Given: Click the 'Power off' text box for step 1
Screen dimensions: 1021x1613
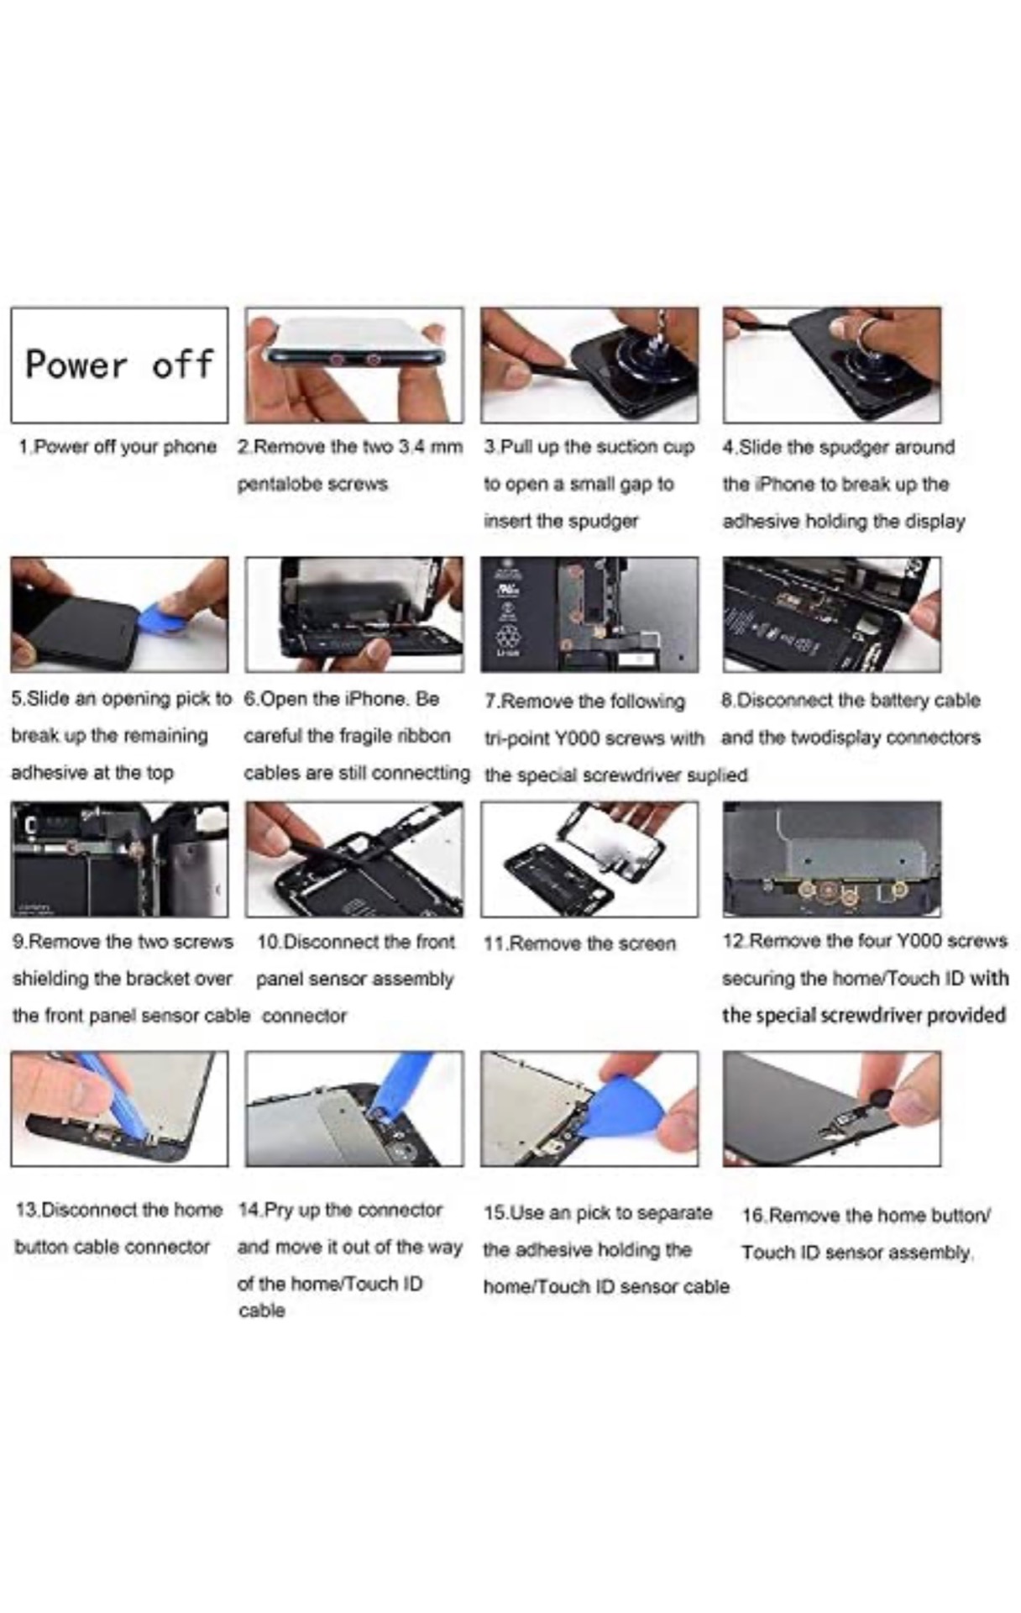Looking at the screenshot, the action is coord(119,365).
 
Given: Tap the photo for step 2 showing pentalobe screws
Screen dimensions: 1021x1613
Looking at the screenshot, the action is coord(353,365).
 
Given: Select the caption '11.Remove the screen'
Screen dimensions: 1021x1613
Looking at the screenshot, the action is coord(579,943).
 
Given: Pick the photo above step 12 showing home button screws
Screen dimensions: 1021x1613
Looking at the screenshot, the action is coord(831,859).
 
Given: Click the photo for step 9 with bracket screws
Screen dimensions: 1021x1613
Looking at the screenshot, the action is coord(119,859).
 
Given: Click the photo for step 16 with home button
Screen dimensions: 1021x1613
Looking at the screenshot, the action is coord(831,1108).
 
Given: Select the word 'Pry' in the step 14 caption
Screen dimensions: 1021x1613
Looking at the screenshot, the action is coord(278,1210).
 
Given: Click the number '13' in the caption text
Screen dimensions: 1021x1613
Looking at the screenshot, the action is coord(27,1210).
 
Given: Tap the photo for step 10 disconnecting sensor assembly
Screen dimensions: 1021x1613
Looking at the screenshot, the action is coord(353,859).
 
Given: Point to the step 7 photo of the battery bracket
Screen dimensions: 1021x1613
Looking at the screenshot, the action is coord(589,614).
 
